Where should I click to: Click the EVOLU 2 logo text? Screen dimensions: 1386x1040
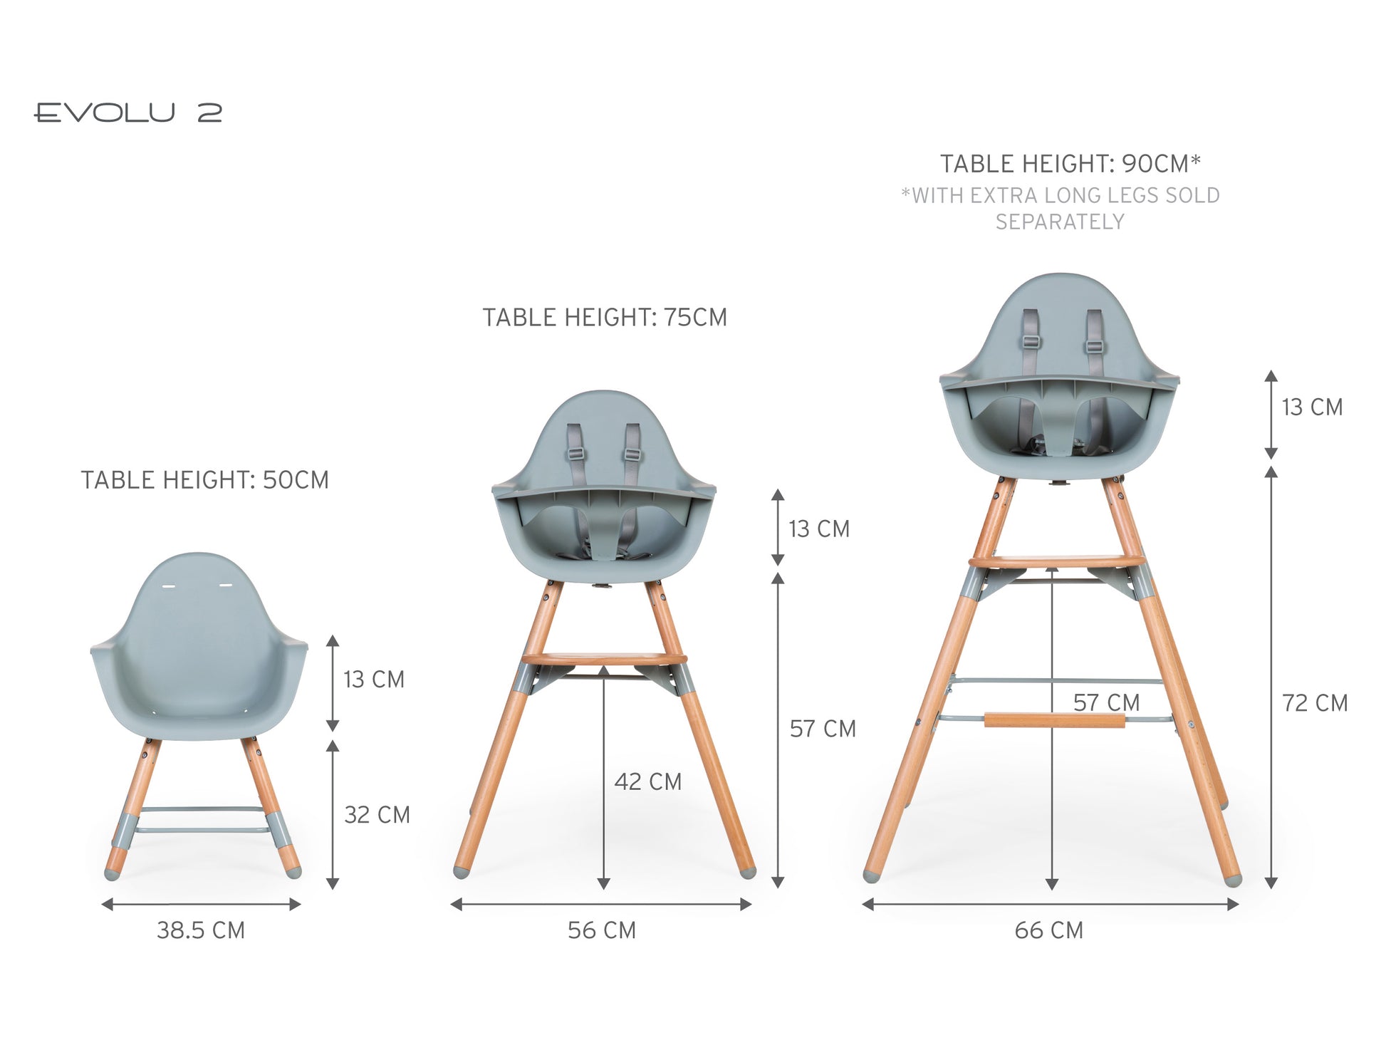click(128, 113)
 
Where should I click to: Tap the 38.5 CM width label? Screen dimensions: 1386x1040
click(201, 930)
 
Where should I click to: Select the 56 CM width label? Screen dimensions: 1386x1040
click(602, 930)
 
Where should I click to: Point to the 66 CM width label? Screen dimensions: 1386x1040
click(1049, 930)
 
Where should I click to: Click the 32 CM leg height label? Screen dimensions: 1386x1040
click(377, 815)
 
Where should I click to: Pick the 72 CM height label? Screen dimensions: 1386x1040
click(1315, 703)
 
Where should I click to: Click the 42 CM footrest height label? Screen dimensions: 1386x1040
click(648, 781)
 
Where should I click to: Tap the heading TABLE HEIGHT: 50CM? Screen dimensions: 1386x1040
click(205, 480)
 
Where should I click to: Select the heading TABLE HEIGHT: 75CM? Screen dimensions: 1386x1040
click(605, 318)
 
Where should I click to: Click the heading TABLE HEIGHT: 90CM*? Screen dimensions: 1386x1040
click(1070, 164)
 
